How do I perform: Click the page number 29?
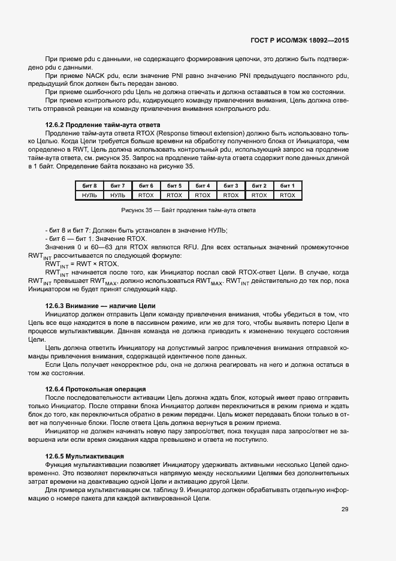pos(344,510)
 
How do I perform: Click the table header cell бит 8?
pos(89,186)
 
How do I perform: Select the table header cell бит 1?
pos(288,186)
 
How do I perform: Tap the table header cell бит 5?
pos(174,186)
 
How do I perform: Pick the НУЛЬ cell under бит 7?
pos(117,195)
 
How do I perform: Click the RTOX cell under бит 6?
pos(146,195)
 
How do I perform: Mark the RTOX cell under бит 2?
pos(259,195)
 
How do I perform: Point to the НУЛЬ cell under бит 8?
pos(89,195)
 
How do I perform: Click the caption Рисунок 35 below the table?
pos(188,211)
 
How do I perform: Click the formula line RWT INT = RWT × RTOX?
pos(81,264)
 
